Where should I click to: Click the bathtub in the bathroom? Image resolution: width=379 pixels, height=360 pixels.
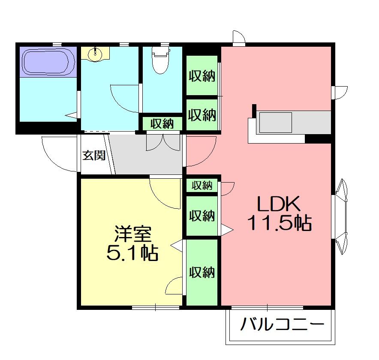coord(48,62)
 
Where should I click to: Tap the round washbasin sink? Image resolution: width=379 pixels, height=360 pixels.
coord(96,54)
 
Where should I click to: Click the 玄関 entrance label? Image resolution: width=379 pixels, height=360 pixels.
coord(94,155)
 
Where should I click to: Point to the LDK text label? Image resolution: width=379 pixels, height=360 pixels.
coord(279,204)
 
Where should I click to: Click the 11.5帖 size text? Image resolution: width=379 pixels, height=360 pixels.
coord(279,222)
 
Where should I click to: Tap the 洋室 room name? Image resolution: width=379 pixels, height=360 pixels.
coord(133,234)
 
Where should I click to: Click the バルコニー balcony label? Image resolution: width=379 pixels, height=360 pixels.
coord(282,324)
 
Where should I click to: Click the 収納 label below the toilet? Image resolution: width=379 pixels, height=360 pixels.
coord(162,124)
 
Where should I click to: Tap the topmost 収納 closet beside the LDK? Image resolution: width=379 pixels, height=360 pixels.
coord(202,75)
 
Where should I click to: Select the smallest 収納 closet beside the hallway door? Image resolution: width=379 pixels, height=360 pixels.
coord(202,186)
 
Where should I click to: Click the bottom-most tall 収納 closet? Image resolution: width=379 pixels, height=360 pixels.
coord(202,272)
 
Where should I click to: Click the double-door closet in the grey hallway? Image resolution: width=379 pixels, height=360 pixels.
coord(163,143)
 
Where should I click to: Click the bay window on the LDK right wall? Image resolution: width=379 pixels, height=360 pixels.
coord(341,216)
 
